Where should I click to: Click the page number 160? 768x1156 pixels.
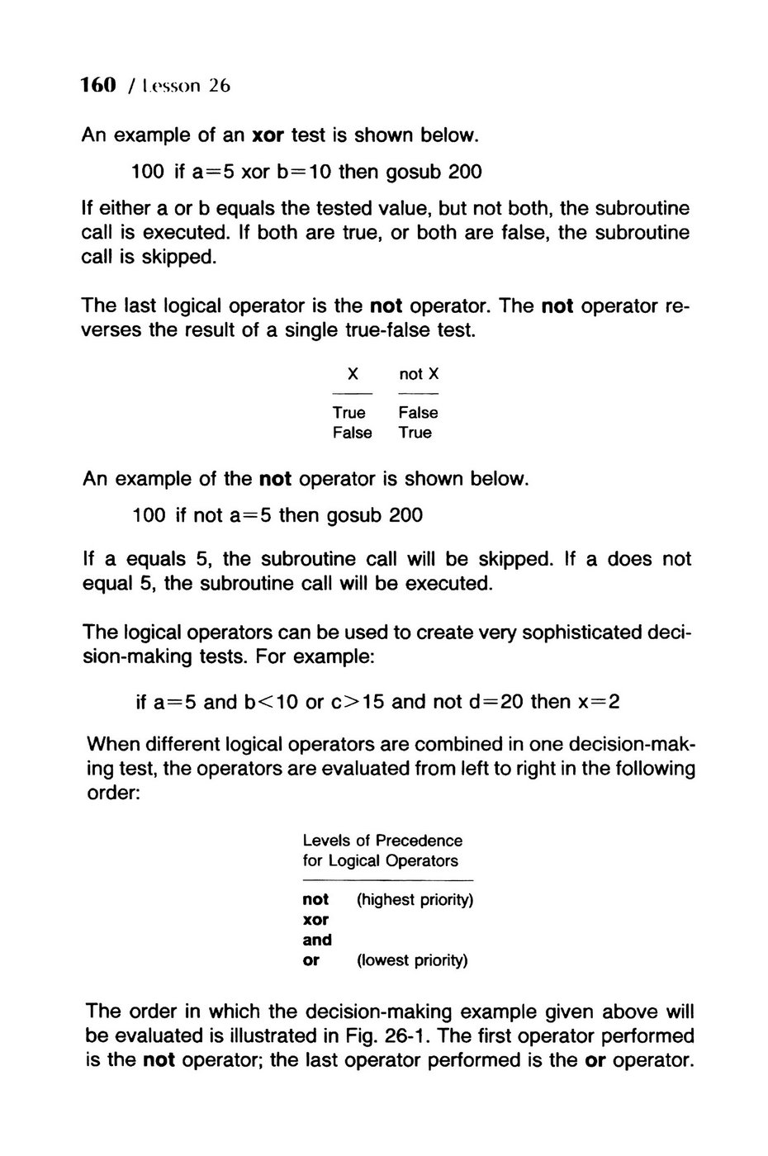pos(96,85)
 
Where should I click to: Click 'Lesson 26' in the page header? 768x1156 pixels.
pos(185,85)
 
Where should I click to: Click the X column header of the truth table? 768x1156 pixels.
pos(353,374)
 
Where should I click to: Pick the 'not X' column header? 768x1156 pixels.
pos(419,374)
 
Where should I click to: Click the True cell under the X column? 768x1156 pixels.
pos(349,413)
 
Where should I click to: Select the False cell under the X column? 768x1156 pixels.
pos(353,433)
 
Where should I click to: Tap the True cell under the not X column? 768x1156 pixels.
pos(415,433)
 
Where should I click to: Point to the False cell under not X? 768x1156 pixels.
pos(418,413)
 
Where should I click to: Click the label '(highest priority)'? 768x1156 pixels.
pos(415,899)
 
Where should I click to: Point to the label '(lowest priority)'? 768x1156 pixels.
pos(412,960)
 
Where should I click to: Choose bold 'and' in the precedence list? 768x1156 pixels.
pos(317,940)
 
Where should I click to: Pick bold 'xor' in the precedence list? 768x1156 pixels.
pos(315,919)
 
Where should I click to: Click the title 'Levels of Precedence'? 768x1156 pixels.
pos(382,841)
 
